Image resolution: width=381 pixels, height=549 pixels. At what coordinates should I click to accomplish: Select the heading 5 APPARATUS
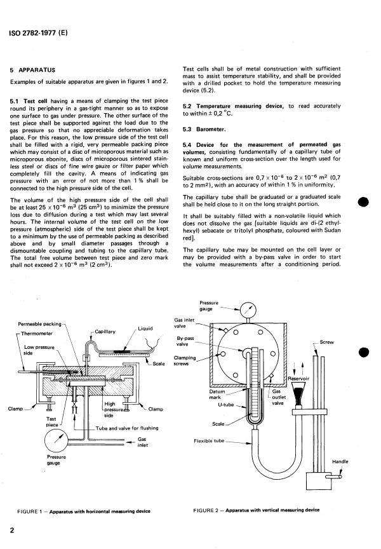pos(37,69)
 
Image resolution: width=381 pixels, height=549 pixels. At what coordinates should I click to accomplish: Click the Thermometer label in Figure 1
pos(37,333)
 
